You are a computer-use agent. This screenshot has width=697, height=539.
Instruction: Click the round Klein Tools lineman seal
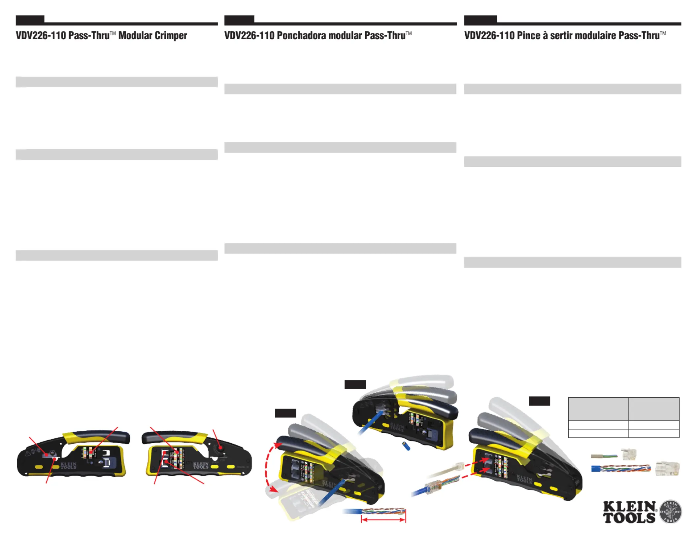click(670, 511)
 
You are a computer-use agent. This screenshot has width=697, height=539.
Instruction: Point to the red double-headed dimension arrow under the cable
click(383, 520)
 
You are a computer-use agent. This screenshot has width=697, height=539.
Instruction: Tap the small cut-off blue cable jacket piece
click(406, 446)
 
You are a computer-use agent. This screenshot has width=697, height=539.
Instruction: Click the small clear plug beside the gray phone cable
click(628, 454)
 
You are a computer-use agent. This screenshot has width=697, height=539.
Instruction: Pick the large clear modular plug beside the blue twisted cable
click(667, 469)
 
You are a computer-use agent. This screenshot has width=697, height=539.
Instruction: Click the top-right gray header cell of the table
click(654, 409)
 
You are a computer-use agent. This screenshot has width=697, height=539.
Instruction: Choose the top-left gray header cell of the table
click(598, 409)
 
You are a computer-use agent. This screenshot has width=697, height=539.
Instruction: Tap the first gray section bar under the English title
click(116, 82)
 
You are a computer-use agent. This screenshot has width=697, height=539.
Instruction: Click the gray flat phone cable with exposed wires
click(604, 456)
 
